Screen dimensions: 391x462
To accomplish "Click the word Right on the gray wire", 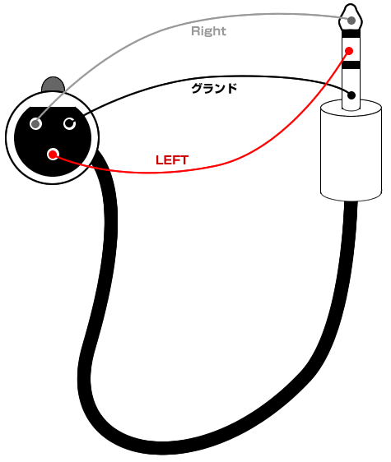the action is point(208,31).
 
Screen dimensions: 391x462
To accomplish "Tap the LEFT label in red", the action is point(172,160).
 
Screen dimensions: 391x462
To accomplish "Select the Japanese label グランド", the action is point(214,89).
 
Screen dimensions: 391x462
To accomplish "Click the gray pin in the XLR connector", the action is point(36,124).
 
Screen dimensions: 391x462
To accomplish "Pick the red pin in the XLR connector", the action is point(54,154).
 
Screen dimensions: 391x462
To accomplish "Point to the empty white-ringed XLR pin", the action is point(70,124).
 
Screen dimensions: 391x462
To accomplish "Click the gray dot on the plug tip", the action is point(351,21).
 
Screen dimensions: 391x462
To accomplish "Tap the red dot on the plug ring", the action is point(349,51).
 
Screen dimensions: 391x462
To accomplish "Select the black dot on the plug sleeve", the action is point(351,95).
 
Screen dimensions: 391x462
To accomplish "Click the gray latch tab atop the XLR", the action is point(53,84).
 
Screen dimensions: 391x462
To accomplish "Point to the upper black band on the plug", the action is point(351,34).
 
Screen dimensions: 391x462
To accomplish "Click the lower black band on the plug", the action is point(351,65).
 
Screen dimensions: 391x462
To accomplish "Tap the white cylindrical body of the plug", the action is point(351,150).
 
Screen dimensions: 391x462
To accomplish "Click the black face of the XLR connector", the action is point(53,141).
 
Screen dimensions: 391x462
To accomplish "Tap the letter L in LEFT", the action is point(159,160).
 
